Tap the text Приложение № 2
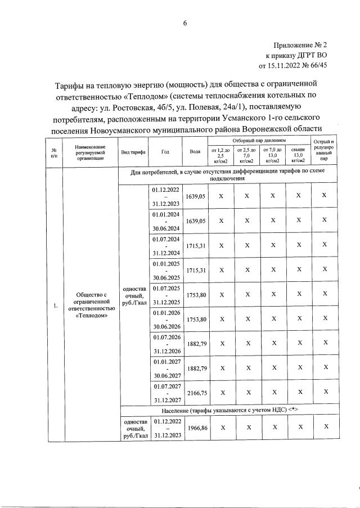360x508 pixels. coord(300,44)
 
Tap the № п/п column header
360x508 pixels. coord(54,152)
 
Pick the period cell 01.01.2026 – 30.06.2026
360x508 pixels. coord(165,320)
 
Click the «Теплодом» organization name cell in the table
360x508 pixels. coord(91,305)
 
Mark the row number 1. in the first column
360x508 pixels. coord(55,305)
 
